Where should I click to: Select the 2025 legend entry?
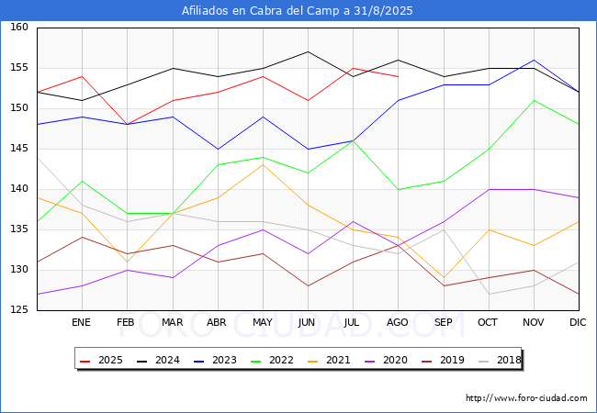point(101,360)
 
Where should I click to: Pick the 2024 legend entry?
point(158,360)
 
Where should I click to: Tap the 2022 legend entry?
point(272,360)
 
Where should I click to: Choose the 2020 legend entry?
point(386,360)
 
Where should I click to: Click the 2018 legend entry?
point(500,360)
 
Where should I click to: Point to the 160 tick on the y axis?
point(19,27)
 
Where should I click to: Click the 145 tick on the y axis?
point(19,149)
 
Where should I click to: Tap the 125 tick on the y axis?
point(19,310)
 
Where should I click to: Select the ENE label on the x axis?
point(81,322)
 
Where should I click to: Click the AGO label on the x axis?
point(398,322)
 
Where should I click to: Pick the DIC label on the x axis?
point(578,322)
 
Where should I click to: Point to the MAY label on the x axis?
point(263,322)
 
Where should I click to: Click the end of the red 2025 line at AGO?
point(399,77)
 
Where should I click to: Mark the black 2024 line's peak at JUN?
point(308,51)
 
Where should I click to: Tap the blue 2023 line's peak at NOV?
point(535,60)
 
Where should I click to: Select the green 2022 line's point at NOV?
point(535,100)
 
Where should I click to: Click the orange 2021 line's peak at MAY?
point(263,164)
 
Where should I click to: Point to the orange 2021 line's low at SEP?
point(444,277)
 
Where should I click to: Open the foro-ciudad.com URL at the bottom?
point(526,398)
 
